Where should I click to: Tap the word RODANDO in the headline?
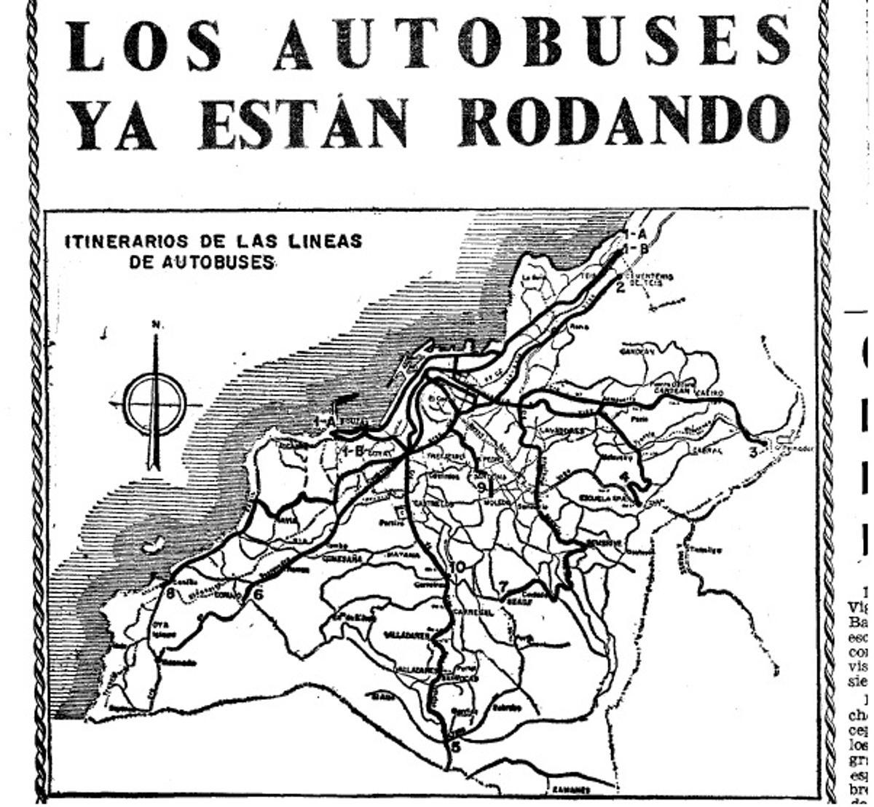tap(624, 122)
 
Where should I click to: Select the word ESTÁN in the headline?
tap(303, 122)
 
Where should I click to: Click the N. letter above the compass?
tap(156, 325)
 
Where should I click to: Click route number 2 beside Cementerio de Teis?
tap(621, 286)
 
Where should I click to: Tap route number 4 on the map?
tap(624, 478)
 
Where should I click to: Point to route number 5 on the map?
tap(456, 746)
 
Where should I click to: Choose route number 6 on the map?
tap(258, 594)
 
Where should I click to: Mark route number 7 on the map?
tap(503, 585)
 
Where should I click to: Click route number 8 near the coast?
tap(171, 594)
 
